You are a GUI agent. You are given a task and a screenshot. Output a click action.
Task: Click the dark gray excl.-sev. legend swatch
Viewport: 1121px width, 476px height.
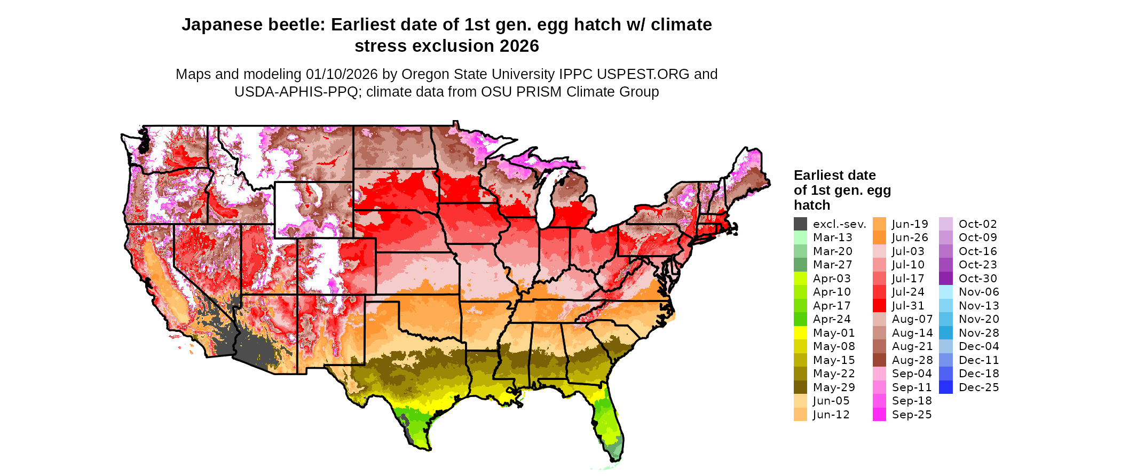pyautogui.click(x=800, y=224)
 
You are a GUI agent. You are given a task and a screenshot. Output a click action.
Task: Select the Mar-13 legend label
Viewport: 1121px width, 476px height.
pyautogui.click(x=832, y=237)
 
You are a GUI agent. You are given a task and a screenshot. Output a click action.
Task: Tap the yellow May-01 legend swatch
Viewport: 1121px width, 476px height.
pyautogui.click(x=800, y=333)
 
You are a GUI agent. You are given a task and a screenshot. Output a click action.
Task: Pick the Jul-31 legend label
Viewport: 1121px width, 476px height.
pyautogui.click(x=908, y=306)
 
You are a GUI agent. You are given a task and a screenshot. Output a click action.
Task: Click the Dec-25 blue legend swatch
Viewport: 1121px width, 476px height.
pyautogui.click(x=945, y=387)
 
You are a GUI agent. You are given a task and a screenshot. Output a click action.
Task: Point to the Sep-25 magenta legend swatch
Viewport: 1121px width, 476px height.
pyautogui.click(x=879, y=415)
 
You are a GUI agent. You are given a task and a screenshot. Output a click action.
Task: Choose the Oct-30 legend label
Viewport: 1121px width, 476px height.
pyautogui.click(x=977, y=279)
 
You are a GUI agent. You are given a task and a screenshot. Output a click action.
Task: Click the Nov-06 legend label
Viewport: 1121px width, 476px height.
pyautogui.click(x=978, y=292)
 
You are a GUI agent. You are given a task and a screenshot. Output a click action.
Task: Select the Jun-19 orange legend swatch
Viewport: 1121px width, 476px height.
pyautogui.click(x=879, y=224)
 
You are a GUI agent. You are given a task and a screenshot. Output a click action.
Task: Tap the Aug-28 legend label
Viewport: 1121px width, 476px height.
pyautogui.click(x=912, y=360)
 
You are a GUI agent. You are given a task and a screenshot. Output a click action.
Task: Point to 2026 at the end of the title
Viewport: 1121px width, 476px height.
pyautogui.click(x=519, y=46)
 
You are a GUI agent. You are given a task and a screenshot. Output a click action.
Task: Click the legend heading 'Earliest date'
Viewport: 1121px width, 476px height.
pyautogui.click(x=834, y=176)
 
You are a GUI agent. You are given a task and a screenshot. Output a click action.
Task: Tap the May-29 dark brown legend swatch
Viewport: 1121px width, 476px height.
pyautogui.click(x=800, y=387)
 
